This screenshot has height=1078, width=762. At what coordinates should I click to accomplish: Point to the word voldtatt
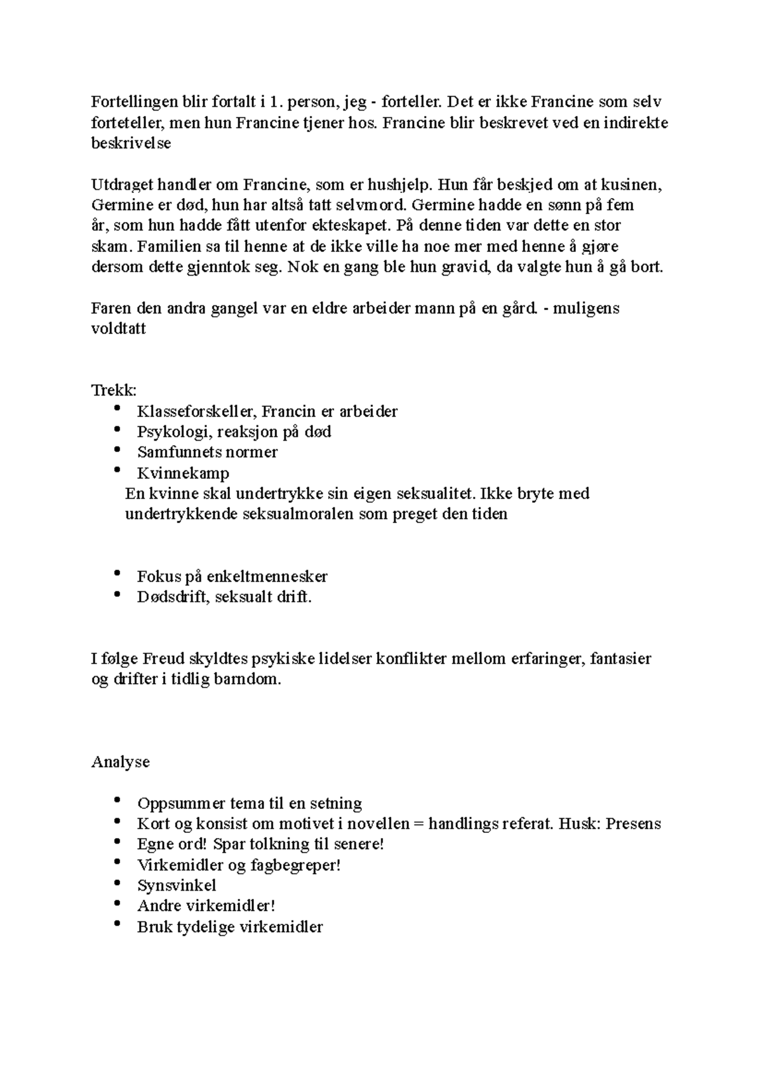(119, 329)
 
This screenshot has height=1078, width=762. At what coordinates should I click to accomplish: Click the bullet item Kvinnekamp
(183, 473)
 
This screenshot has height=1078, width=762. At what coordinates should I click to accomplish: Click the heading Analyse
(121, 762)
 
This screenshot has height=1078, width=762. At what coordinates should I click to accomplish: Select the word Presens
(633, 823)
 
